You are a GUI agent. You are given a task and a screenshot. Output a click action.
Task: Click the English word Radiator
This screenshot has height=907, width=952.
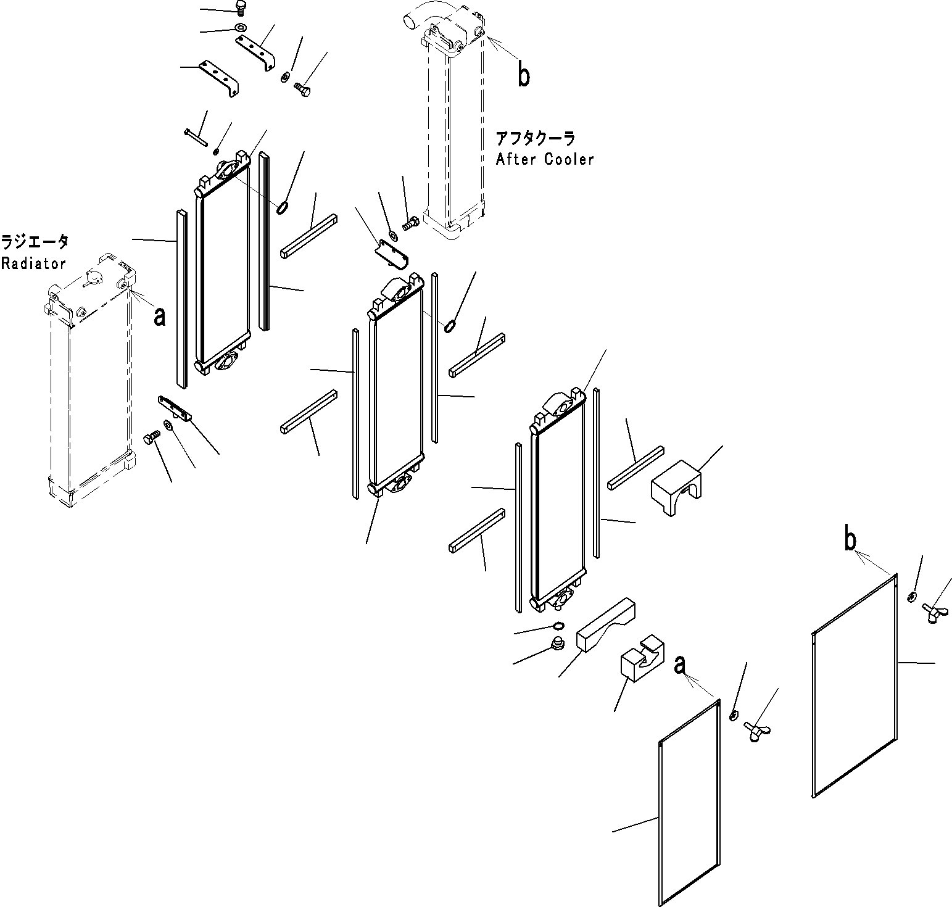(x=33, y=263)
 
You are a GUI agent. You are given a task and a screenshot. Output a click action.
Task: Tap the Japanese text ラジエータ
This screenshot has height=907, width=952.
(x=35, y=241)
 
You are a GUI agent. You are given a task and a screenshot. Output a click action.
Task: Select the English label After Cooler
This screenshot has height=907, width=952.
(x=545, y=159)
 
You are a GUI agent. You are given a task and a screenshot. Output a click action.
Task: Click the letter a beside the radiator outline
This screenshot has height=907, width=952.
(x=160, y=317)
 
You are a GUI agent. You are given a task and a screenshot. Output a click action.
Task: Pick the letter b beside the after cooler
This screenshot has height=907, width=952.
(x=523, y=77)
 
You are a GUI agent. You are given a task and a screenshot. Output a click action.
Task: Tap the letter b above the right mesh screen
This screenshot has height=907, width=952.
(x=850, y=540)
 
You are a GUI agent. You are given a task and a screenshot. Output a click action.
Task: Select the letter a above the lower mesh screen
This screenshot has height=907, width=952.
(x=680, y=665)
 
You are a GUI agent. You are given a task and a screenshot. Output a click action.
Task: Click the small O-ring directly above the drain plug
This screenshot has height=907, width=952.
(x=557, y=626)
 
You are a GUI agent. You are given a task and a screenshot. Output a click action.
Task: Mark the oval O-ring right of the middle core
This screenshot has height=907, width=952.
(x=450, y=325)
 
